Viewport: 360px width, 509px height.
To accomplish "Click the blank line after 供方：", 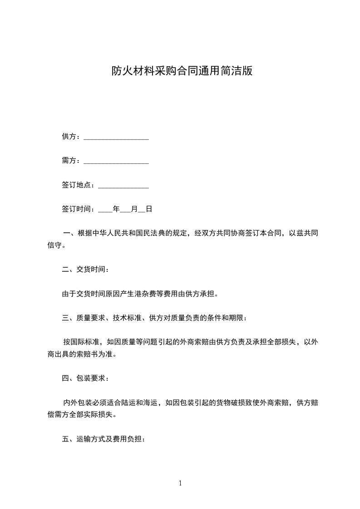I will (116, 137).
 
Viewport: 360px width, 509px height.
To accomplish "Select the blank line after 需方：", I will (116, 161).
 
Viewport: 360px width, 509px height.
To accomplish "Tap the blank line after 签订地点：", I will (123, 186).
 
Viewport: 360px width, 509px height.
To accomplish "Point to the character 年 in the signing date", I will (116, 210).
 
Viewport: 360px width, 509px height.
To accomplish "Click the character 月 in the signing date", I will (134, 210).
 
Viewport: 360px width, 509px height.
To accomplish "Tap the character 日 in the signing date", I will (148, 210).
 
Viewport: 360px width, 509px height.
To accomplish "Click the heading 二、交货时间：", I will (85, 269).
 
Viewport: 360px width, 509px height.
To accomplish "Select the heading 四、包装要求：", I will (85, 377).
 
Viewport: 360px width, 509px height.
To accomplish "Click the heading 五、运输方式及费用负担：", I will (104, 439).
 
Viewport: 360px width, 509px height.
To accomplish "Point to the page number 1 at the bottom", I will (180, 483).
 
